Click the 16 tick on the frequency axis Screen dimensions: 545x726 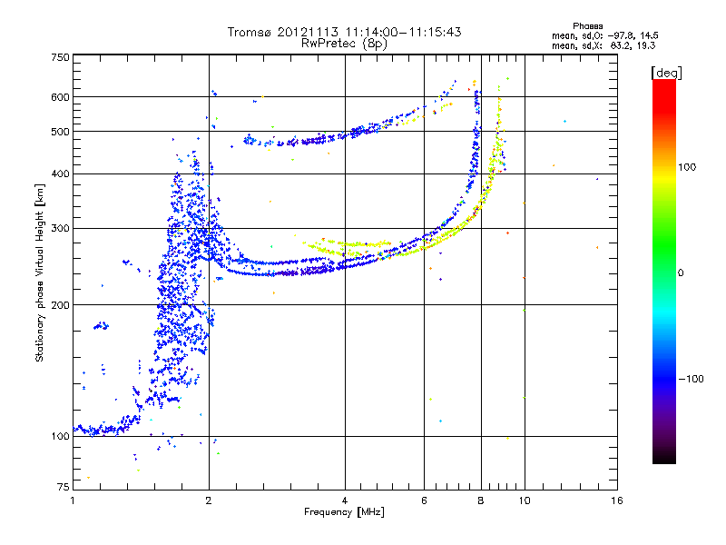616,500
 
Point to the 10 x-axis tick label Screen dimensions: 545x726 524,500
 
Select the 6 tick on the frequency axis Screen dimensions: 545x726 424,500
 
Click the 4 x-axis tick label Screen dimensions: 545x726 345,500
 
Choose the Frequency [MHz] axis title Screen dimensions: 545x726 345,512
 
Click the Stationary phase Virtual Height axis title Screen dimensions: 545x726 40,272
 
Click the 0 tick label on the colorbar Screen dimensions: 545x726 682,272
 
